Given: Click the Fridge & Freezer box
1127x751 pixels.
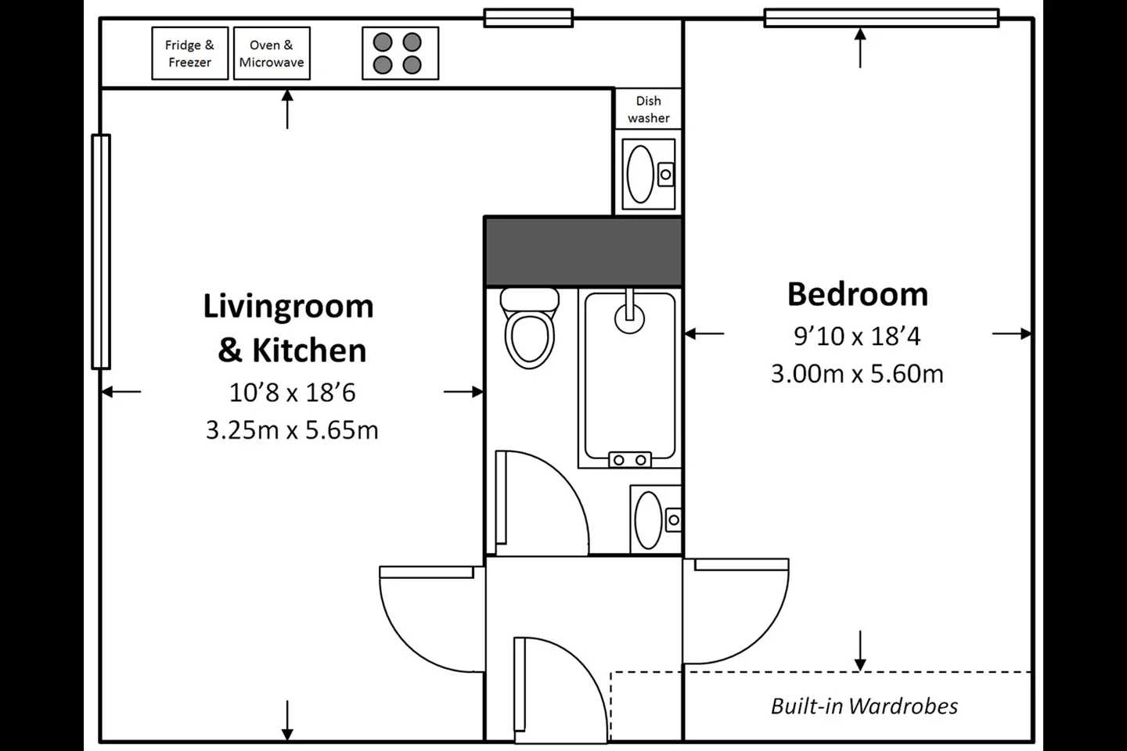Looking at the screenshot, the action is point(189,53).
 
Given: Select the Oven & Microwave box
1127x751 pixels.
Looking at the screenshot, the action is point(272,53).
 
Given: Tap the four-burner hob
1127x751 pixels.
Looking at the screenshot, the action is point(400,53).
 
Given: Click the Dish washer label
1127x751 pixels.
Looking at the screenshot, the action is point(649,110).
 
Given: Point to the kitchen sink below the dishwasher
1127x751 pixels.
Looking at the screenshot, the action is point(649,174).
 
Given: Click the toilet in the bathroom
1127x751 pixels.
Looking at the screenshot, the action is point(529,328).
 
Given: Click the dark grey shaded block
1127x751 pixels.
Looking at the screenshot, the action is point(583,252).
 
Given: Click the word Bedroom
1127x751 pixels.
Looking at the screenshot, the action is point(857,294).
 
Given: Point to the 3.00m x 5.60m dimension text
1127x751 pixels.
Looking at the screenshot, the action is point(857,374).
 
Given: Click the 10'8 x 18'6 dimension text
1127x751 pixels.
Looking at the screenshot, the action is point(293,393).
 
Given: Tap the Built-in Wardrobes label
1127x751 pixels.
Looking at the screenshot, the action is point(864,706).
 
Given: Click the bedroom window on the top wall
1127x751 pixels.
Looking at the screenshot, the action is point(881,18).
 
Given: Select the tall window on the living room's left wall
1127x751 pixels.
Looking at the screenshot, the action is point(101,252).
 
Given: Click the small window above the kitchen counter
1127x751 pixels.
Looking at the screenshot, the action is point(528,18).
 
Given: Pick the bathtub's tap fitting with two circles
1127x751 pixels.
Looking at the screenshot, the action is point(629,460).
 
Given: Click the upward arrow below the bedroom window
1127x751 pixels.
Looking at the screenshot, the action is point(860,49).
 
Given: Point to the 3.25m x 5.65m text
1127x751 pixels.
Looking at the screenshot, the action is point(293,430).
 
